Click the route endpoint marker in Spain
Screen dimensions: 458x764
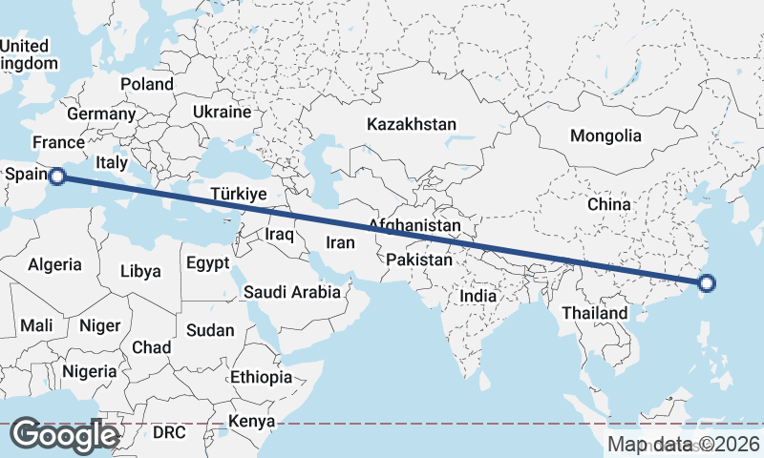coord(57,176)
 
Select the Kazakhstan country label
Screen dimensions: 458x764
coord(413,124)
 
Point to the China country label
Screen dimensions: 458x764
coord(609,204)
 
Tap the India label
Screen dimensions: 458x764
coord(478,296)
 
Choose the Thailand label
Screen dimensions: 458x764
coord(595,313)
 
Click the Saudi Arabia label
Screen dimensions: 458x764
coord(292,292)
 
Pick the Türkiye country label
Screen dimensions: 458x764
coord(237,195)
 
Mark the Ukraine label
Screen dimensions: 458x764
coord(222,112)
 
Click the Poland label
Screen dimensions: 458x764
coord(147,84)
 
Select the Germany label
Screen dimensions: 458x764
coord(101,114)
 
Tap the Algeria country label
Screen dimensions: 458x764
coord(54,264)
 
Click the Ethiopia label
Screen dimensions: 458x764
coord(261,377)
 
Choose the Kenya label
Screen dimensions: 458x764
coord(252,421)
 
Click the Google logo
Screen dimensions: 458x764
coord(65,435)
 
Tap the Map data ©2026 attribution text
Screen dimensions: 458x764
coord(684,444)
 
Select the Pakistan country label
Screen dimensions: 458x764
coord(419,260)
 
